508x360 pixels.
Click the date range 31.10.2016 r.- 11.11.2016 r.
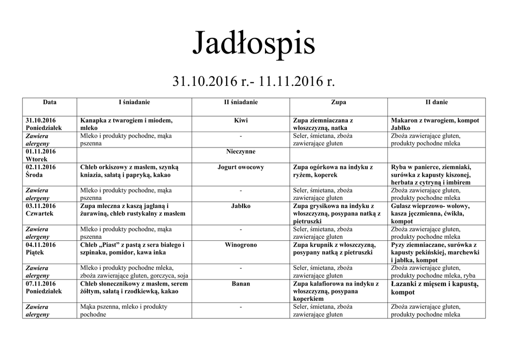click(254, 80)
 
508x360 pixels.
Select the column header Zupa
click(338, 102)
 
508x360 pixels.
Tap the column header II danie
click(436, 102)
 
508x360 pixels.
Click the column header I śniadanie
click(134, 102)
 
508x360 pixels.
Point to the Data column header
click(50, 102)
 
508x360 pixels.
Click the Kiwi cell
click(240, 120)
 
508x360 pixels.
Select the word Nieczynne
click(240, 151)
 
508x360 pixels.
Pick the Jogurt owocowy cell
click(240, 167)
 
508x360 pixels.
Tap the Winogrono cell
click(240, 245)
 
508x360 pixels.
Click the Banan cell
click(240, 284)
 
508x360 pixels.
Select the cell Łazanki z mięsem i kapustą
click(434, 288)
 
